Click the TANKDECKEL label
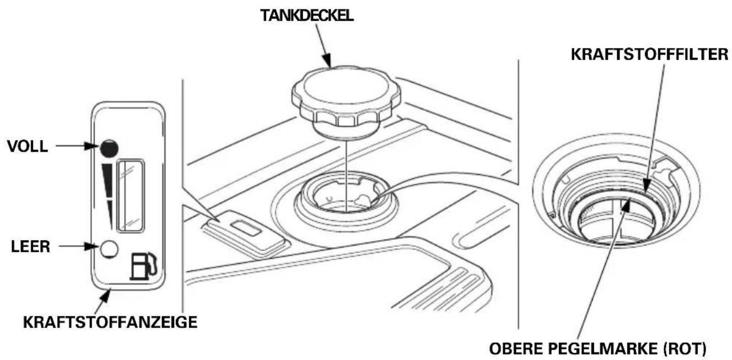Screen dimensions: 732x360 [x=307, y=15]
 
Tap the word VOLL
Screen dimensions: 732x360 [x=28, y=147]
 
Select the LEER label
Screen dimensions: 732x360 [x=30, y=246]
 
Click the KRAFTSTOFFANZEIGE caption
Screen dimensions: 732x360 [x=110, y=323]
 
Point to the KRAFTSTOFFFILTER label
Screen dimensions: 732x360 [x=650, y=54]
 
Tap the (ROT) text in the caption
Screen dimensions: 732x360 [x=684, y=348]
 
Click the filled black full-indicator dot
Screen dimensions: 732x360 [x=109, y=148]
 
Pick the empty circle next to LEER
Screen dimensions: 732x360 [x=109, y=249]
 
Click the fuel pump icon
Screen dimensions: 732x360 [x=143, y=266]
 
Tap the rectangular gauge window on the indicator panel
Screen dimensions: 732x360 [x=131, y=196]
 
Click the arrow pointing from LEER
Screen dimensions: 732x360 [x=78, y=246]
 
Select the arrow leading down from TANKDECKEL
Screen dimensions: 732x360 [x=324, y=45]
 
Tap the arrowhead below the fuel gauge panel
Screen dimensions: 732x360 [x=105, y=297]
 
